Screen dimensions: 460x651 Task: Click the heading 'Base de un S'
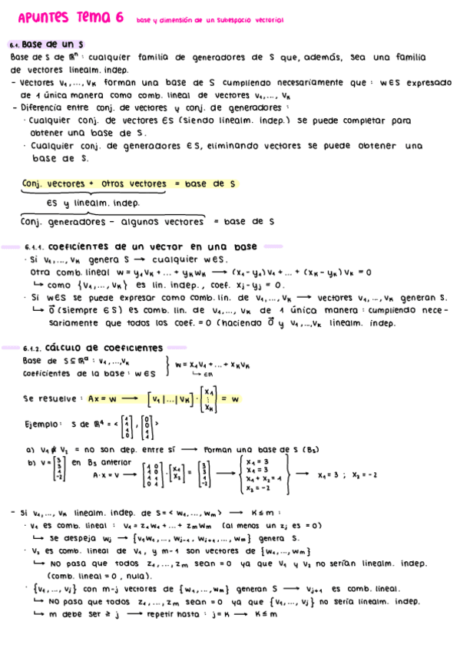[53, 45]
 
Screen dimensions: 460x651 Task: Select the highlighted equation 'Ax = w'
[101, 399]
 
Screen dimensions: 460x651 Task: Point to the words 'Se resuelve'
[50, 399]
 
